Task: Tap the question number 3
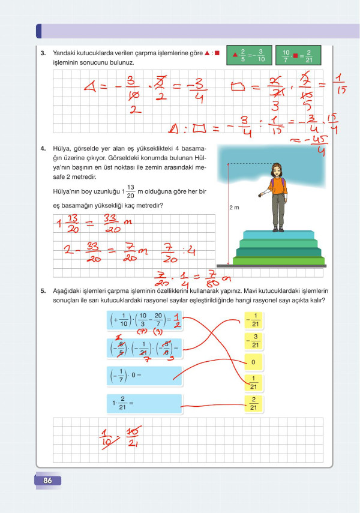(43, 53)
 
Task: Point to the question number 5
(43, 292)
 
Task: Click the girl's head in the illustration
(277, 169)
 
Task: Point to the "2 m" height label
(235, 208)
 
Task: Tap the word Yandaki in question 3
(65, 53)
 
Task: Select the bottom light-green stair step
(279, 260)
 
